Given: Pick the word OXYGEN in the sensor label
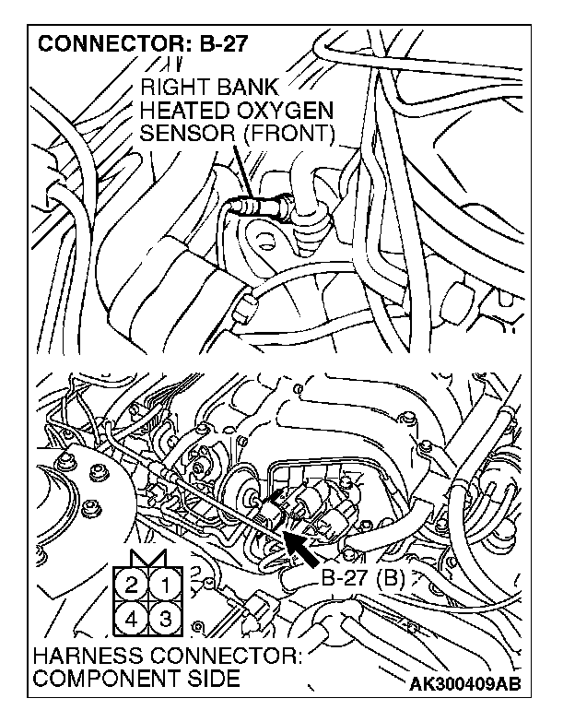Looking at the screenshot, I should pos(286,112).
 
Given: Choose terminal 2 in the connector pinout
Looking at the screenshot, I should pos(132,583).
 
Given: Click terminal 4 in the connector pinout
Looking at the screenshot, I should pos(132,617).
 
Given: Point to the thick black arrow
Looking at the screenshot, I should pos(304,546).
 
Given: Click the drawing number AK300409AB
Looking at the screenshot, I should pos(471,684).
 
